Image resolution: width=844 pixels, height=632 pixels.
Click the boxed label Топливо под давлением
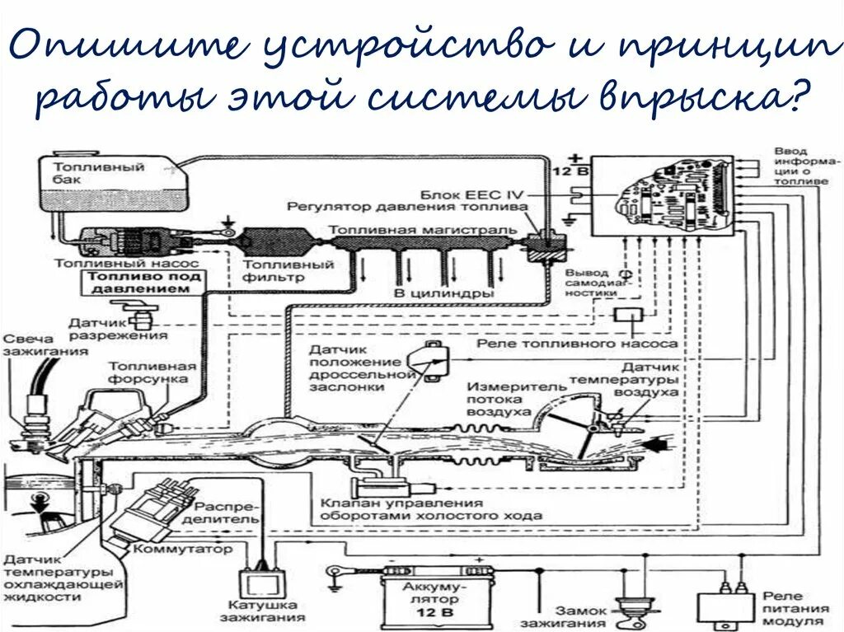139,284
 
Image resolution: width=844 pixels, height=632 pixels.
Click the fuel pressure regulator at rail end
541,245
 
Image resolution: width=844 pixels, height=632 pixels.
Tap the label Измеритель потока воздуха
504,399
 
